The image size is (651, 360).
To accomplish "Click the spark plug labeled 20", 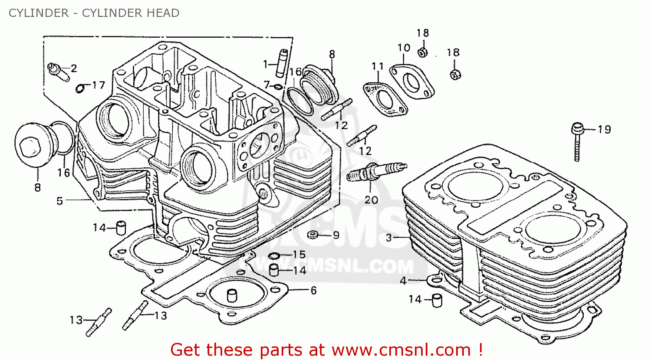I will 377,171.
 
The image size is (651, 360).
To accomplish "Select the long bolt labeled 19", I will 577,143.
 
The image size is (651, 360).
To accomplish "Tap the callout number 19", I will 604,129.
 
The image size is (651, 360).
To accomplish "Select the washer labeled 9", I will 312,235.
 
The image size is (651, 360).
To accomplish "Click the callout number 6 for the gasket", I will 313,290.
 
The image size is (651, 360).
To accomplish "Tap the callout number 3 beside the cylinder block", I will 388,237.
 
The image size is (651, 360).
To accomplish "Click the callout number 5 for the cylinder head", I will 60,201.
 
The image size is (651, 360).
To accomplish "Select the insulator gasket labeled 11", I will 385,98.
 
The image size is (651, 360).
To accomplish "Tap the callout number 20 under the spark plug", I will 371,200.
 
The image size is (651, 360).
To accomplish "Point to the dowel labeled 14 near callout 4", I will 437,299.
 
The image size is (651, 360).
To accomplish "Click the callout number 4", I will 403,281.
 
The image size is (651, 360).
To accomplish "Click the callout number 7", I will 266,85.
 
